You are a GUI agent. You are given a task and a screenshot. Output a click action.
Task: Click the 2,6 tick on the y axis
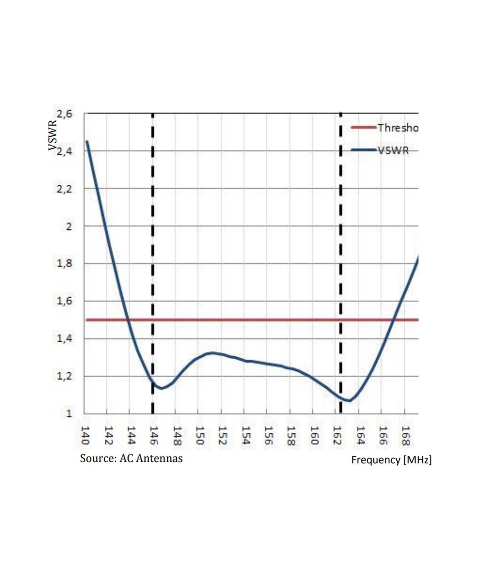pyautogui.click(x=64, y=114)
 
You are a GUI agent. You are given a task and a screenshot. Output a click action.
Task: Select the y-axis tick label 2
pyautogui.click(x=69, y=227)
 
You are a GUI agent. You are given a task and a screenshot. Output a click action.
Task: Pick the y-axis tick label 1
pyautogui.click(x=69, y=414)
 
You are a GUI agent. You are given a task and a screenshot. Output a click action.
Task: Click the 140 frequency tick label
pyautogui.click(x=85, y=435)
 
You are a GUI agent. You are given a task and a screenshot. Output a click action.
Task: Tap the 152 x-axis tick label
pyautogui.click(x=222, y=435)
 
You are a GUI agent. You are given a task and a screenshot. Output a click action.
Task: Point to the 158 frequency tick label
pyautogui.click(x=291, y=435)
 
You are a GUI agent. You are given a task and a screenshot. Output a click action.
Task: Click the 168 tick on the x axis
pyautogui.click(x=405, y=435)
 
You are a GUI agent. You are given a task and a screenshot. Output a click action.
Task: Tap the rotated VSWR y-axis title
pyautogui.click(x=52, y=135)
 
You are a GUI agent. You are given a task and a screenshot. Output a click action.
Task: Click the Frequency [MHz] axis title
pyautogui.click(x=391, y=460)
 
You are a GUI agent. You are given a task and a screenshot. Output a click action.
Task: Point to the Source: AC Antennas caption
pyautogui.click(x=131, y=458)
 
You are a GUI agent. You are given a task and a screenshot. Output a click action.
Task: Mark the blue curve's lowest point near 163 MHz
pyautogui.click(x=349, y=400)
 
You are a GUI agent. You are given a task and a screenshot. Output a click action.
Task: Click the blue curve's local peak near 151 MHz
pyautogui.click(x=212, y=353)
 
